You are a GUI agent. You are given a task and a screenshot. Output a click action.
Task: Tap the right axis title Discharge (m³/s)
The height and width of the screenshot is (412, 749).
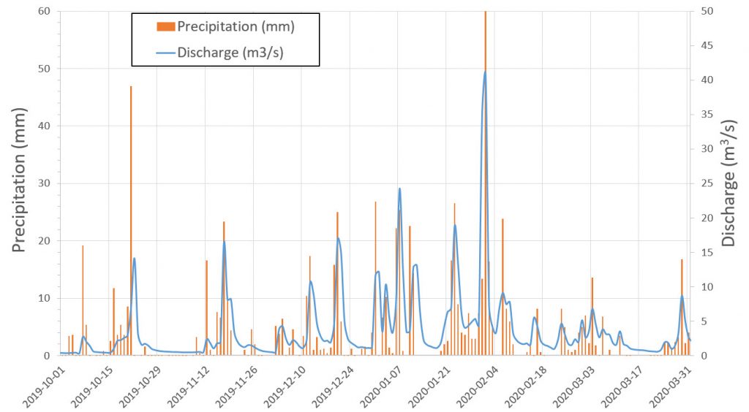(x=729, y=183)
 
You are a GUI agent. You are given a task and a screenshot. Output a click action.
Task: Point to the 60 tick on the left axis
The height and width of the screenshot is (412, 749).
(x=45, y=12)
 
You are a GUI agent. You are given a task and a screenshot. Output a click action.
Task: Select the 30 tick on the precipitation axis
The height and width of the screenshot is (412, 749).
(x=45, y=183)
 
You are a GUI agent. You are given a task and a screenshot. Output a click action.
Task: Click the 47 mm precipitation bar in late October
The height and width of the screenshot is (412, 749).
(x=131, y=219)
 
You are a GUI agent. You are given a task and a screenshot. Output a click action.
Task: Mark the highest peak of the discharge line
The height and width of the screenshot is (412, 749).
(x=485, y=72)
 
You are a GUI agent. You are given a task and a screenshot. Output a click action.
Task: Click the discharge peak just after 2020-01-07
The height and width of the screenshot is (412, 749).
(x=399, y=188)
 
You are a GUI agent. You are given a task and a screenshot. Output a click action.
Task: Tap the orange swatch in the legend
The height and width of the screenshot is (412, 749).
(x=166, y=27)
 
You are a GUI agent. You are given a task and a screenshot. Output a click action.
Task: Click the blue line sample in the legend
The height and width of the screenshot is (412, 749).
(x=166, y=52)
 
